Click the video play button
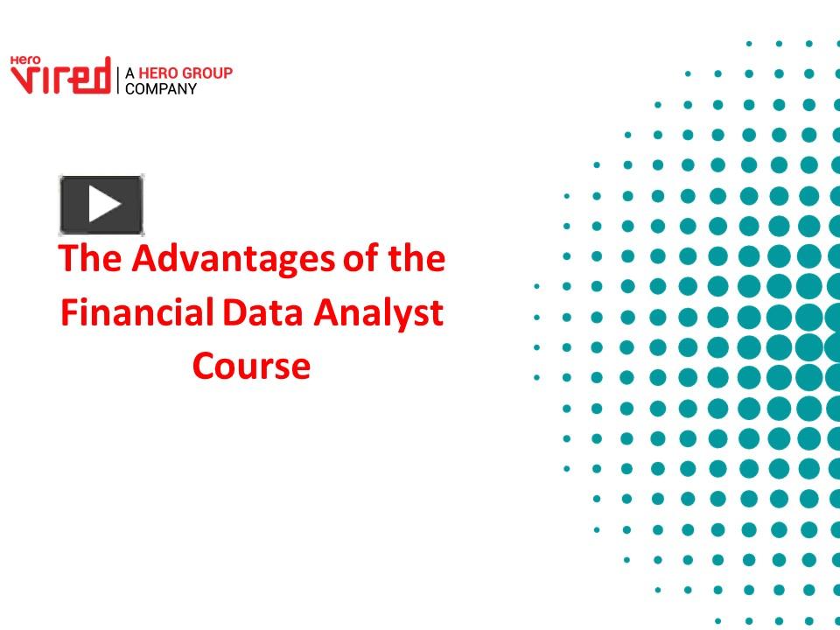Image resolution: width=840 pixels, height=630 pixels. click(101, 205)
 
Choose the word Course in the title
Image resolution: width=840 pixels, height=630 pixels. click(251, 366)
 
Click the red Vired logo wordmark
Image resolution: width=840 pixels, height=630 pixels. click(60, 77)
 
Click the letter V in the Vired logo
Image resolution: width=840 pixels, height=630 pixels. click(21, 78)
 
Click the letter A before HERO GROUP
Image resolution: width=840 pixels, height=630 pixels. click(130, 73)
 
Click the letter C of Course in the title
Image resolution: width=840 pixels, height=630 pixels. click(202, 366)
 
